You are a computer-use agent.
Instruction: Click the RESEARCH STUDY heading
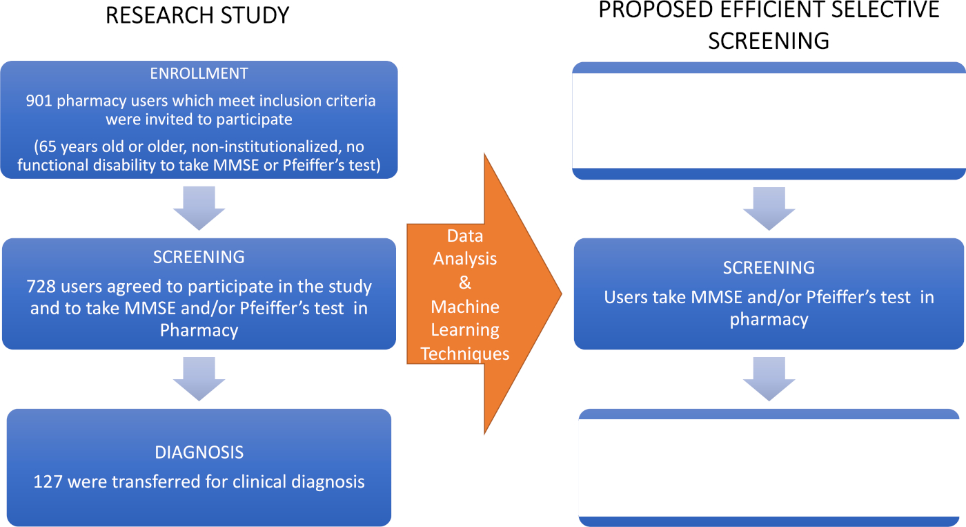tap(197, 15)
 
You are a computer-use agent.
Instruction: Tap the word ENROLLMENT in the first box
tap(199, 73)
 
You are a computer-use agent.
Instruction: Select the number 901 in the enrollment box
tap(39, 101)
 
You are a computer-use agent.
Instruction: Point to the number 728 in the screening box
tap(39, 287)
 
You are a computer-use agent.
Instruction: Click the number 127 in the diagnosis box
tap(48, 481)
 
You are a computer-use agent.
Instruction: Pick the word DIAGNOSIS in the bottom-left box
tap(199, 452)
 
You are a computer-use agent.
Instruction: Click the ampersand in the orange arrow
tap(465, 282)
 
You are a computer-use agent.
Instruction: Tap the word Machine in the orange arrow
tap(465, 307)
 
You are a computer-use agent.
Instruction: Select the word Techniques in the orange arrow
tap(465, 354)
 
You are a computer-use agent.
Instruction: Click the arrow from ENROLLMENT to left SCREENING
tap(199, 208)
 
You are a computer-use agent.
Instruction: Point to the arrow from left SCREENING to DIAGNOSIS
tap(199, 379)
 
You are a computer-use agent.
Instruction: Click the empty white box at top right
tap(769, 121)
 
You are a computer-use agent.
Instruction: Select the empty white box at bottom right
tap(769, 468)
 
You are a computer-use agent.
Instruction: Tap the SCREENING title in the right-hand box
tap(769, 268)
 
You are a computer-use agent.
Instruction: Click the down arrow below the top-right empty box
tap(769, 209)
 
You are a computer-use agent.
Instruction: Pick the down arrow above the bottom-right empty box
tap(769, 379)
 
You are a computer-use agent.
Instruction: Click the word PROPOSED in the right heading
tap(656, 10)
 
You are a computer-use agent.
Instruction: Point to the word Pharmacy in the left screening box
tap(199, 330)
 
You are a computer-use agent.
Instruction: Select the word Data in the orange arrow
tap(465, 236)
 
